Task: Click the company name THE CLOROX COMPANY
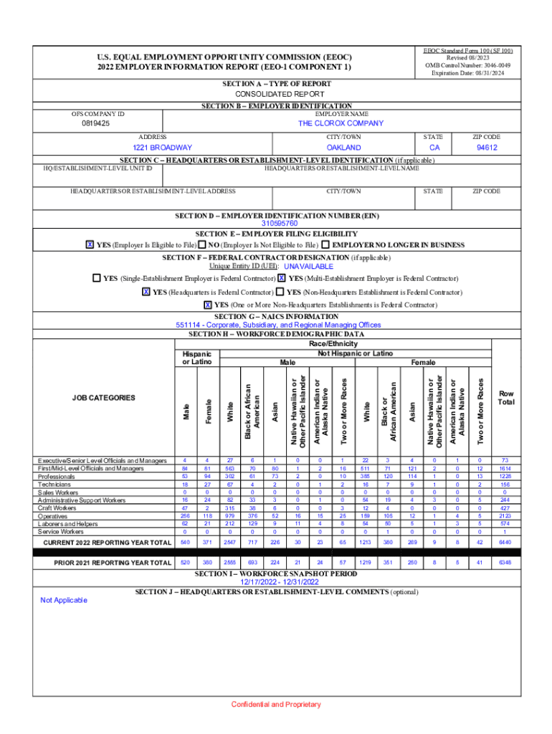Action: tap(341, 123)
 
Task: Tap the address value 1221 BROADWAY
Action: tap(152, 148)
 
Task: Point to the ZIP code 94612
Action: tap(487, 148)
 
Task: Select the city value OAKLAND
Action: tap(343, 148)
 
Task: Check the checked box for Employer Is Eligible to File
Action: tap(90, 245)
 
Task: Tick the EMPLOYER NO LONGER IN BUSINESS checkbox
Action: tap(325, 245)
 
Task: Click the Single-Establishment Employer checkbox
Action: tap(97, 278)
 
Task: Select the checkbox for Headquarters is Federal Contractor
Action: tap(146, 292)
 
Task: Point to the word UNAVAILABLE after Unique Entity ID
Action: tap(309, 267)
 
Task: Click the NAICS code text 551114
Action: tap(188, 325)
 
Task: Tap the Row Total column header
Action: tap(506, 398)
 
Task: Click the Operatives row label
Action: tap(54, 515)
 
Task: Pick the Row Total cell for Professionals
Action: tap(506, 476)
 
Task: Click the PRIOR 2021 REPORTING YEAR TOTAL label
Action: tap(113, 563)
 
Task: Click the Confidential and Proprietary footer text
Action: tap(276, 705)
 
